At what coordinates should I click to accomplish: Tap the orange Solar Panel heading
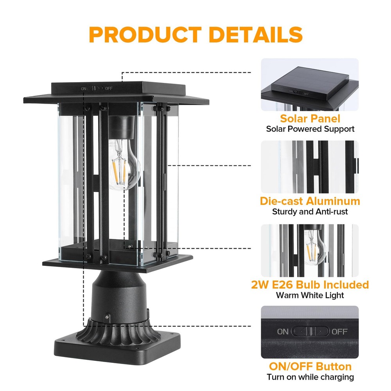[x=310, y=119]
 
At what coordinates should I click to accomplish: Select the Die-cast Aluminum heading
[x=310, y=201]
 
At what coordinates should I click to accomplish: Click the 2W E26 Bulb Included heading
[x=310, y=284]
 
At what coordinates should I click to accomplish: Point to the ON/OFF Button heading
[x=310, y=366]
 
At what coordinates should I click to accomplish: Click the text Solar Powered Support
[x=310, y=129]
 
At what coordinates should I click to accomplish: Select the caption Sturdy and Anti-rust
[x=310, y=212]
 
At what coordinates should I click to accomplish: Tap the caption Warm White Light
[x=310, y=294]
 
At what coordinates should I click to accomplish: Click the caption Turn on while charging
[x=310, y=377]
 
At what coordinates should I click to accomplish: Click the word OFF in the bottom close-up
[x=339, y=332]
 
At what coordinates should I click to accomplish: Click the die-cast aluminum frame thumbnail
[x=310, y=167]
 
